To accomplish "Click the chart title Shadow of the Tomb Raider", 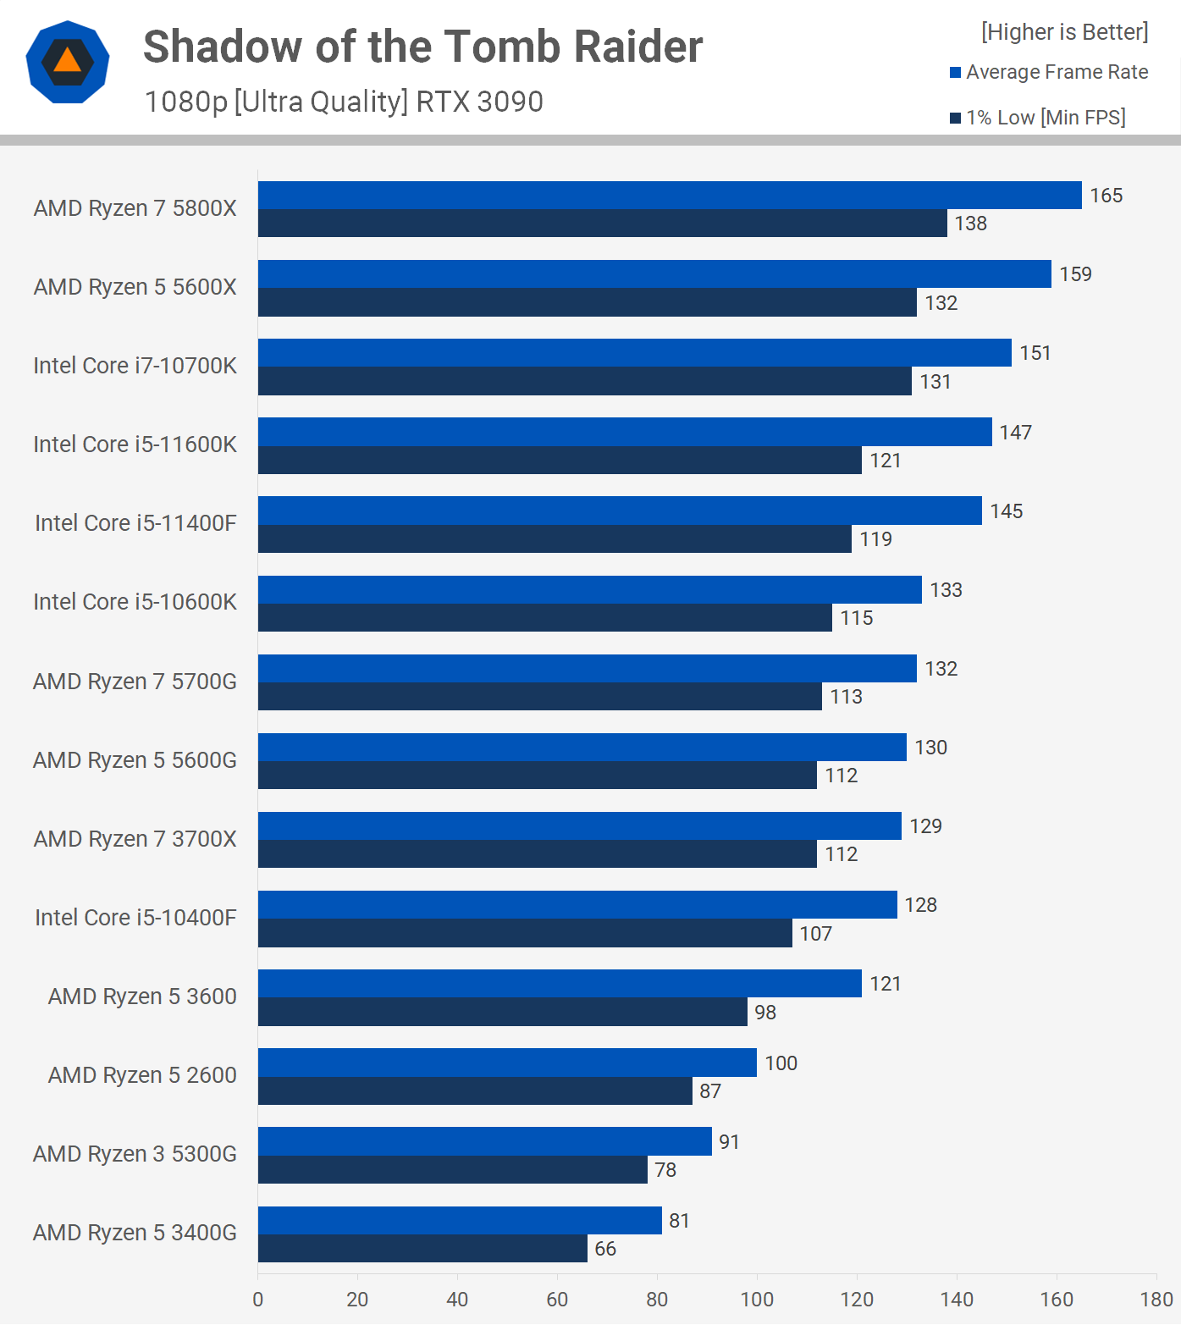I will click(x=422, y=47).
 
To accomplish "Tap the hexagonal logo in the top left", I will click(x=68, y=62).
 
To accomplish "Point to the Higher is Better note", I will click(x=1064, y=32).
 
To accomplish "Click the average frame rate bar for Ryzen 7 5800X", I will click(x=669, y=195).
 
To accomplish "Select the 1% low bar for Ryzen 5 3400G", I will click(x=422, y=1248).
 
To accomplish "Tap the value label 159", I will click(x=1075, y=274).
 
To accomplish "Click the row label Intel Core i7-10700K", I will click(x=135, y=366).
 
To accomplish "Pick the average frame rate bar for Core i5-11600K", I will click(x=625, y=432).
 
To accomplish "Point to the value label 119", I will click(x=875, y=539).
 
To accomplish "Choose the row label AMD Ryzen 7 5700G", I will click(x=135, y=682).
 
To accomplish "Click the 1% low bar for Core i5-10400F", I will click(x=525, y=933).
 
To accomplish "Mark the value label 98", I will click(x=765, y=1013).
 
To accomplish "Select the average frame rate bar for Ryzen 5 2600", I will click(x=507, y=1063).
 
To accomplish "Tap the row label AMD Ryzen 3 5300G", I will click(x=135, y=1154).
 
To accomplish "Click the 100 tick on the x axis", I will click(x=757, y=1300).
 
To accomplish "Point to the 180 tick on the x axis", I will click(x=1156, y=1300).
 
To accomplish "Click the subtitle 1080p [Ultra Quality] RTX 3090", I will click(x=344, y=102).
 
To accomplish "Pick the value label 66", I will click(x=605, y=1249).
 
